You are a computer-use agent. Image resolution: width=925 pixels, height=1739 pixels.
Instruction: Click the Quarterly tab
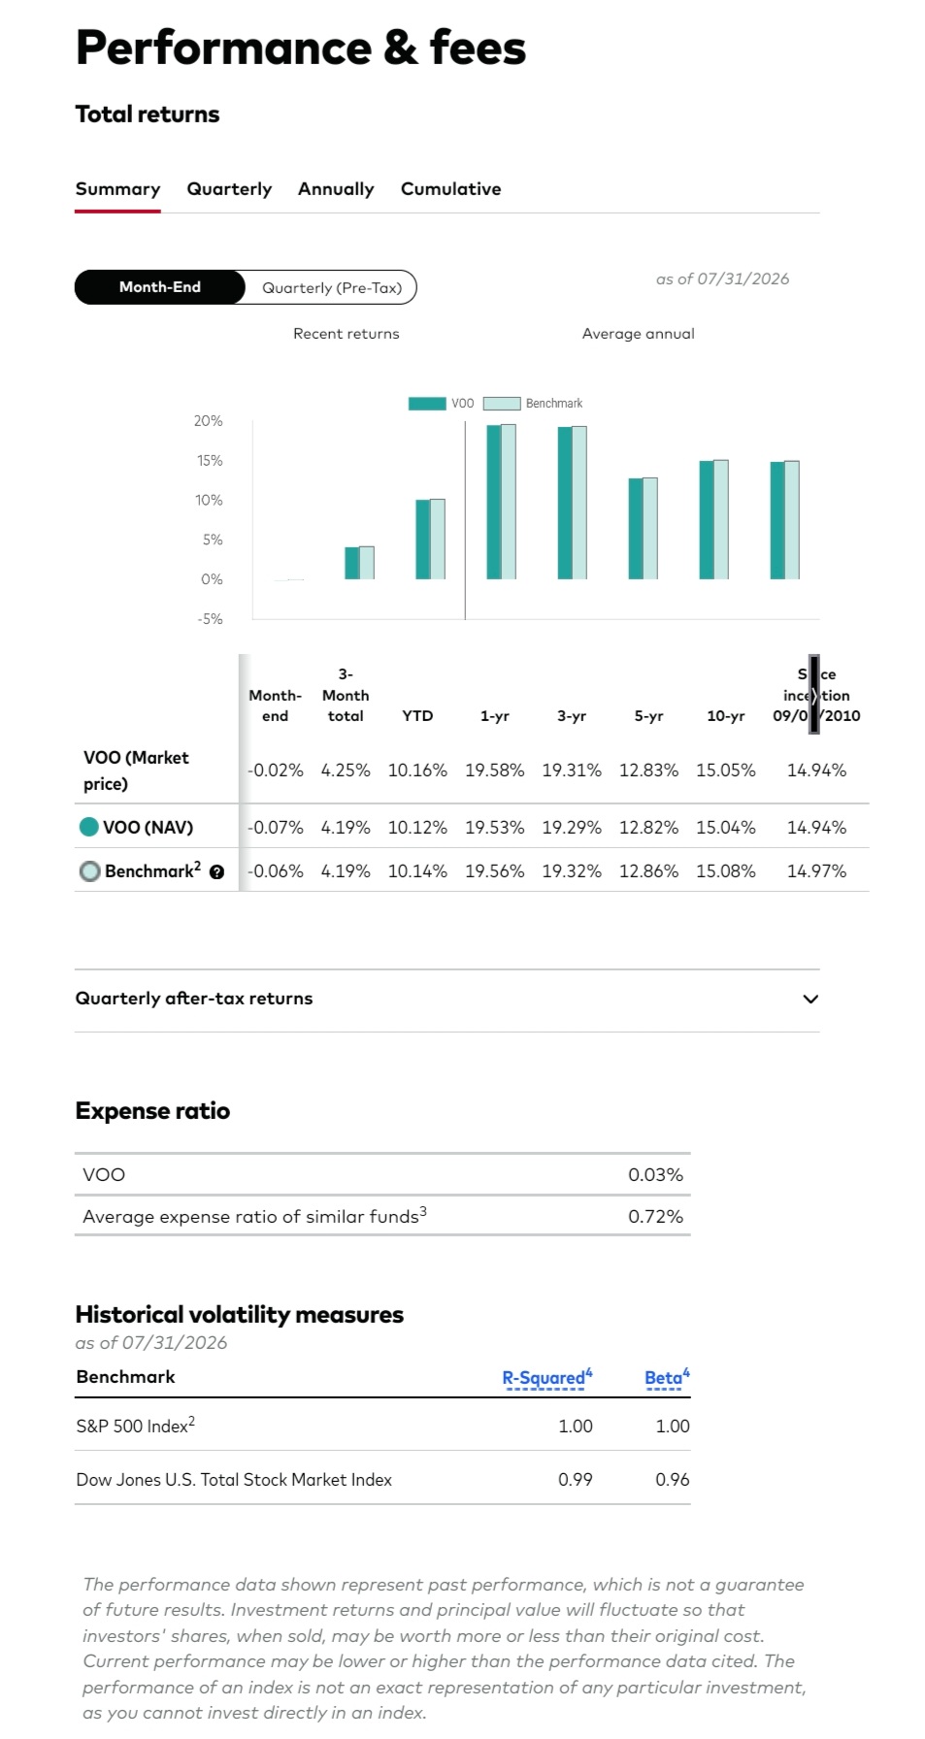coord(229,189)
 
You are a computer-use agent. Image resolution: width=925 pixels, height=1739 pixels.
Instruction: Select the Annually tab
coord(336,189)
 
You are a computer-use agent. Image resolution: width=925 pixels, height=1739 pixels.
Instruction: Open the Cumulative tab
coord(450,189)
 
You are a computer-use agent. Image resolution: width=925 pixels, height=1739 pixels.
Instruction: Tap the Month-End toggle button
coord(160,287)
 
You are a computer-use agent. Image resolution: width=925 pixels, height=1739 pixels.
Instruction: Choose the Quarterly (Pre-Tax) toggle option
coord(332,287)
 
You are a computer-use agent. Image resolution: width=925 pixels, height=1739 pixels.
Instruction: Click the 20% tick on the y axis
coord(208,421)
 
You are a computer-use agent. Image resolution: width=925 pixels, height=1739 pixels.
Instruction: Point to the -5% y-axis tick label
coord(210,619)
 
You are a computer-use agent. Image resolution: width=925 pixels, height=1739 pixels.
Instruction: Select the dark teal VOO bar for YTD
coord(423,540)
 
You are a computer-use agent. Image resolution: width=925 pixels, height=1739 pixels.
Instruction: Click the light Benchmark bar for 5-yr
coord(650,529)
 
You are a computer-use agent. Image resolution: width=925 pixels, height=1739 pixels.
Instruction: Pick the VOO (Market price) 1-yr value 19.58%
coord(494,771)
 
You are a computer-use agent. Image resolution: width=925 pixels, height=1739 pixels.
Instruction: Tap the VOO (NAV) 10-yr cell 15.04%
coord(725,828)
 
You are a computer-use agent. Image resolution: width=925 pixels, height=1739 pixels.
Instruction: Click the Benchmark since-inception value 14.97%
coord(816,871)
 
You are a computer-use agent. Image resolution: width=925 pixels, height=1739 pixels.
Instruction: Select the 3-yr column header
coord(572,716)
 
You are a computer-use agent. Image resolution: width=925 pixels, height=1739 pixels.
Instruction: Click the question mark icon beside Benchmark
coord(216,872)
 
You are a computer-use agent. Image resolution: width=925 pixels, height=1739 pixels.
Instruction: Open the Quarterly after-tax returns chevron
coord(810,1000)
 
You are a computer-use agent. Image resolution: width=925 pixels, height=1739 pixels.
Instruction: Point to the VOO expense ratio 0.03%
coord(655,1175)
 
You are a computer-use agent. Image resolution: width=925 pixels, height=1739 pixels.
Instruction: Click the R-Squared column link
coord(546,1378)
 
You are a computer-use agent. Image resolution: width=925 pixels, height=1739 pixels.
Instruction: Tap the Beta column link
coord(667,1378)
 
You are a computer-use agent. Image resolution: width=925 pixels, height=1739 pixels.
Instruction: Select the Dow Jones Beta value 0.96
coord(672,1480)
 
